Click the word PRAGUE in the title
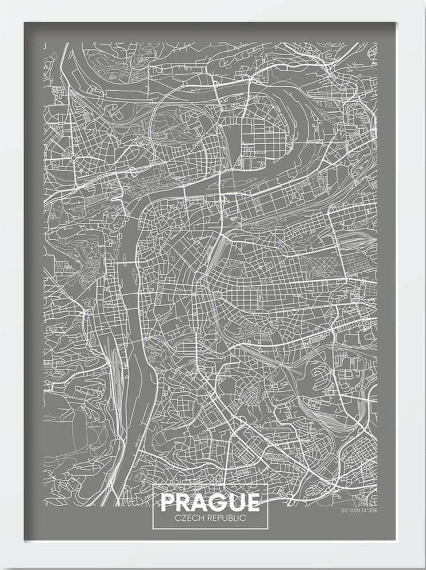point(210,502)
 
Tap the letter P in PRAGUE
point(168,502)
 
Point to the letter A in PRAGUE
point(199,502)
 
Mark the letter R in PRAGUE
point(183,502)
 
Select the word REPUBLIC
point(226,518)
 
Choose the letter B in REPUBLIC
point(232,518)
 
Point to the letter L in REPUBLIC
point(237,518)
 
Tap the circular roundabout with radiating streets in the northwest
point(73,156)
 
